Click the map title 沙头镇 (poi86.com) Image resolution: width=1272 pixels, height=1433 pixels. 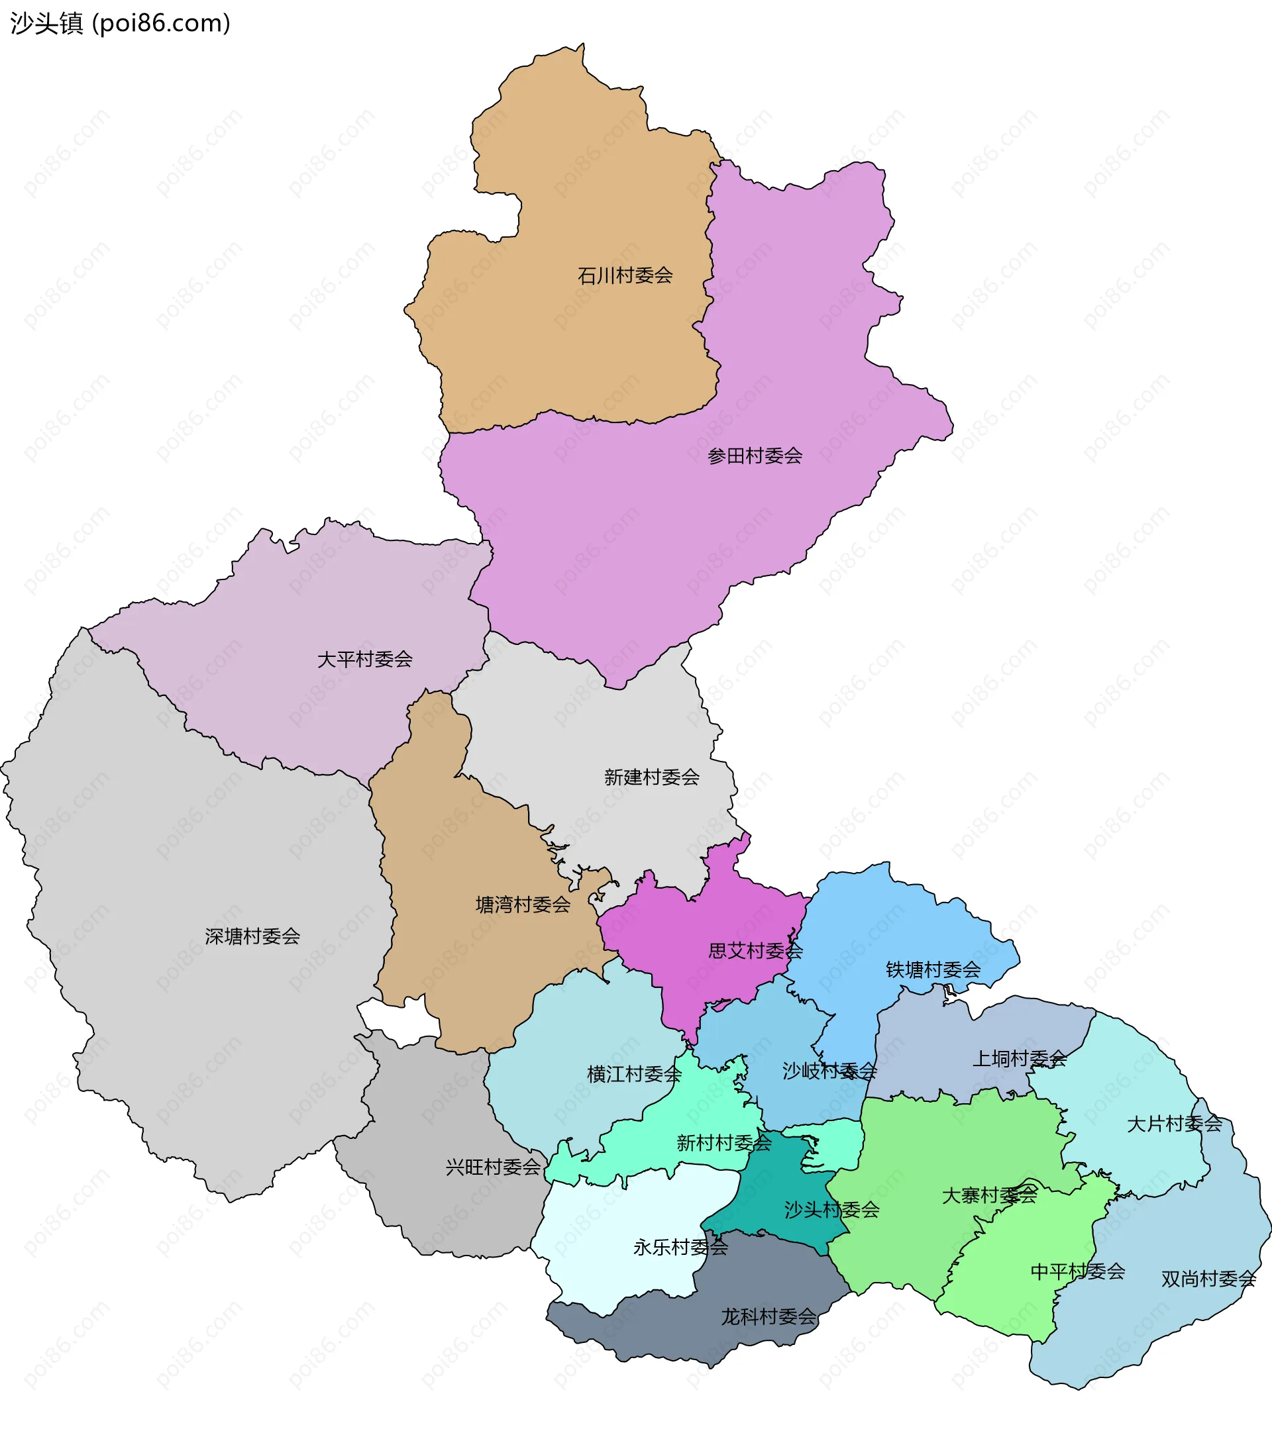pyautogui.click(x=120, y=23)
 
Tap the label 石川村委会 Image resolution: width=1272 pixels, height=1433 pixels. pyautogui.click(x=625, y=275)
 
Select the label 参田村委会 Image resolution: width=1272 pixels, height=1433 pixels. pyautogui.click(x=755, y=456)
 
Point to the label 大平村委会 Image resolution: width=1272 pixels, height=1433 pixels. pyautogui.click(x=364, y=660)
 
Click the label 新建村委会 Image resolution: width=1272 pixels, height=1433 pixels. pyautogui.click(x=651, y=777)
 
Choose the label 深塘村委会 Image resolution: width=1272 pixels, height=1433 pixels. pyautogui.click(x=252, y=936)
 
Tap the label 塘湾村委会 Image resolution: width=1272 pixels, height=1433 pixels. pyautogui.click(x=523, y=905)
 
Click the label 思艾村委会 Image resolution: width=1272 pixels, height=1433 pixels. pyautogui.click(x=755, y=952)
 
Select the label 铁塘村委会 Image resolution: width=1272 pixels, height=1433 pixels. pyautogui.click(x=933, y=970)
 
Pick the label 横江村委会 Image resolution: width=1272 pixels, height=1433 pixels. pyautogui.click(x=634, y=1075)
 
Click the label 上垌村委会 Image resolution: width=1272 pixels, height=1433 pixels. pyautogui.click(x=1019, y=1060)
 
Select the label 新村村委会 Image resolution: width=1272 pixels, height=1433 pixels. pyautogui.click(x=723, y=1144)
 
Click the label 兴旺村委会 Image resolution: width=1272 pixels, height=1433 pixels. pyautogui.click(x=493, y=1167)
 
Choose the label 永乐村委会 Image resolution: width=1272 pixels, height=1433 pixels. pyautogui.click(x=680, y=1247)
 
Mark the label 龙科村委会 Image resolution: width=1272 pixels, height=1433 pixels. pyautogui.click(x=768, y=1317)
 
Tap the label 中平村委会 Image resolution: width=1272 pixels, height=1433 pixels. pyautogui.click(x=1077, y=1271)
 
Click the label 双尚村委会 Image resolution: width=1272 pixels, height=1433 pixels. pyautogui.click(x=1208, y=1279)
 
